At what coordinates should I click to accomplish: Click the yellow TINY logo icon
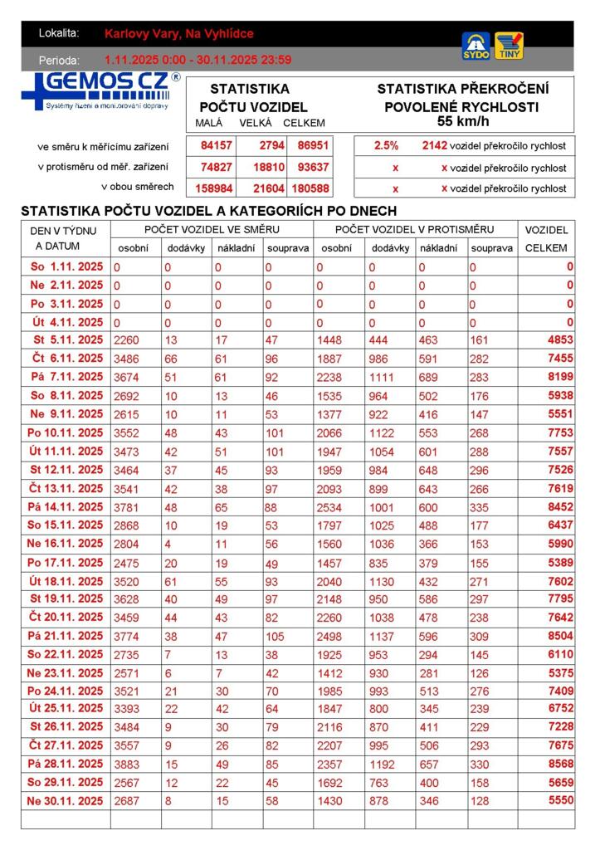[x=509, y=46]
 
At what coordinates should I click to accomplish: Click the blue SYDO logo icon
[x=476, y=46]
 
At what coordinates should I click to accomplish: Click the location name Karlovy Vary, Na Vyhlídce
[x=179, y=34]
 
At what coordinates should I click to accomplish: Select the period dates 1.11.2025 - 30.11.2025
[x=198, y=60]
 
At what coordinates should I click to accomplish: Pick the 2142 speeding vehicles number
[x=434, y=145]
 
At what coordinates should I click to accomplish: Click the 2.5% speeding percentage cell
[x=386, y=145]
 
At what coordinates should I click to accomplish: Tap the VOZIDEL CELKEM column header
[x=547, y=238]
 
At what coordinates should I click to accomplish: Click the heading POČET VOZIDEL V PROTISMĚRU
[x=414, y=229]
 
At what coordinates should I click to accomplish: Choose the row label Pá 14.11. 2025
[x=66, y=507]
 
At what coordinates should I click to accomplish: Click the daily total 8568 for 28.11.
[x=560, y=765]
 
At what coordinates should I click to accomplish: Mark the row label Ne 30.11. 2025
[x=66, y=801]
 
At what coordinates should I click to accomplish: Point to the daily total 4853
[x=560, y=340]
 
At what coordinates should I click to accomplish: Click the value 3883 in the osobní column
[x=127, y=765]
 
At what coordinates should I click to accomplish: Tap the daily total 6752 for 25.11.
[x=560, y=709]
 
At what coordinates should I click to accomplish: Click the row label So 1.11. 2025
[x=66, y=267]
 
